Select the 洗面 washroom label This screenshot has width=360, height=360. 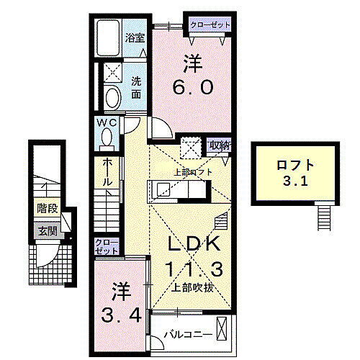136,87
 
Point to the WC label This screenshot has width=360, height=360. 107,123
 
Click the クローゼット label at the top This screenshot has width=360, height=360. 211,25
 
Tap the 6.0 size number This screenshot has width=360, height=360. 192,87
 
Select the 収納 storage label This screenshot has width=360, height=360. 219,145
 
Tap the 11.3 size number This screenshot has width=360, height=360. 192,269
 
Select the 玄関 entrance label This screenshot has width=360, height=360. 48,231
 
